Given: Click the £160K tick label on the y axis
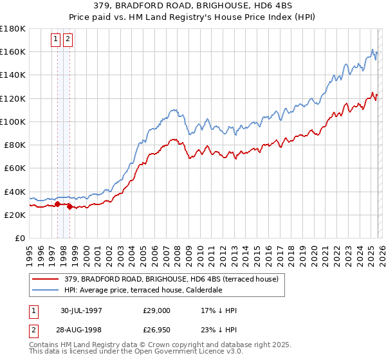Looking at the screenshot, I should (x=13, y=51).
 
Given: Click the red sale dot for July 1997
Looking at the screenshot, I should (x=58, y=204).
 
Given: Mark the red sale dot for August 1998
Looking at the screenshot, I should (x=69, y=207).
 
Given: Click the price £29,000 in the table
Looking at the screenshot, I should (x=157, y=310).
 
